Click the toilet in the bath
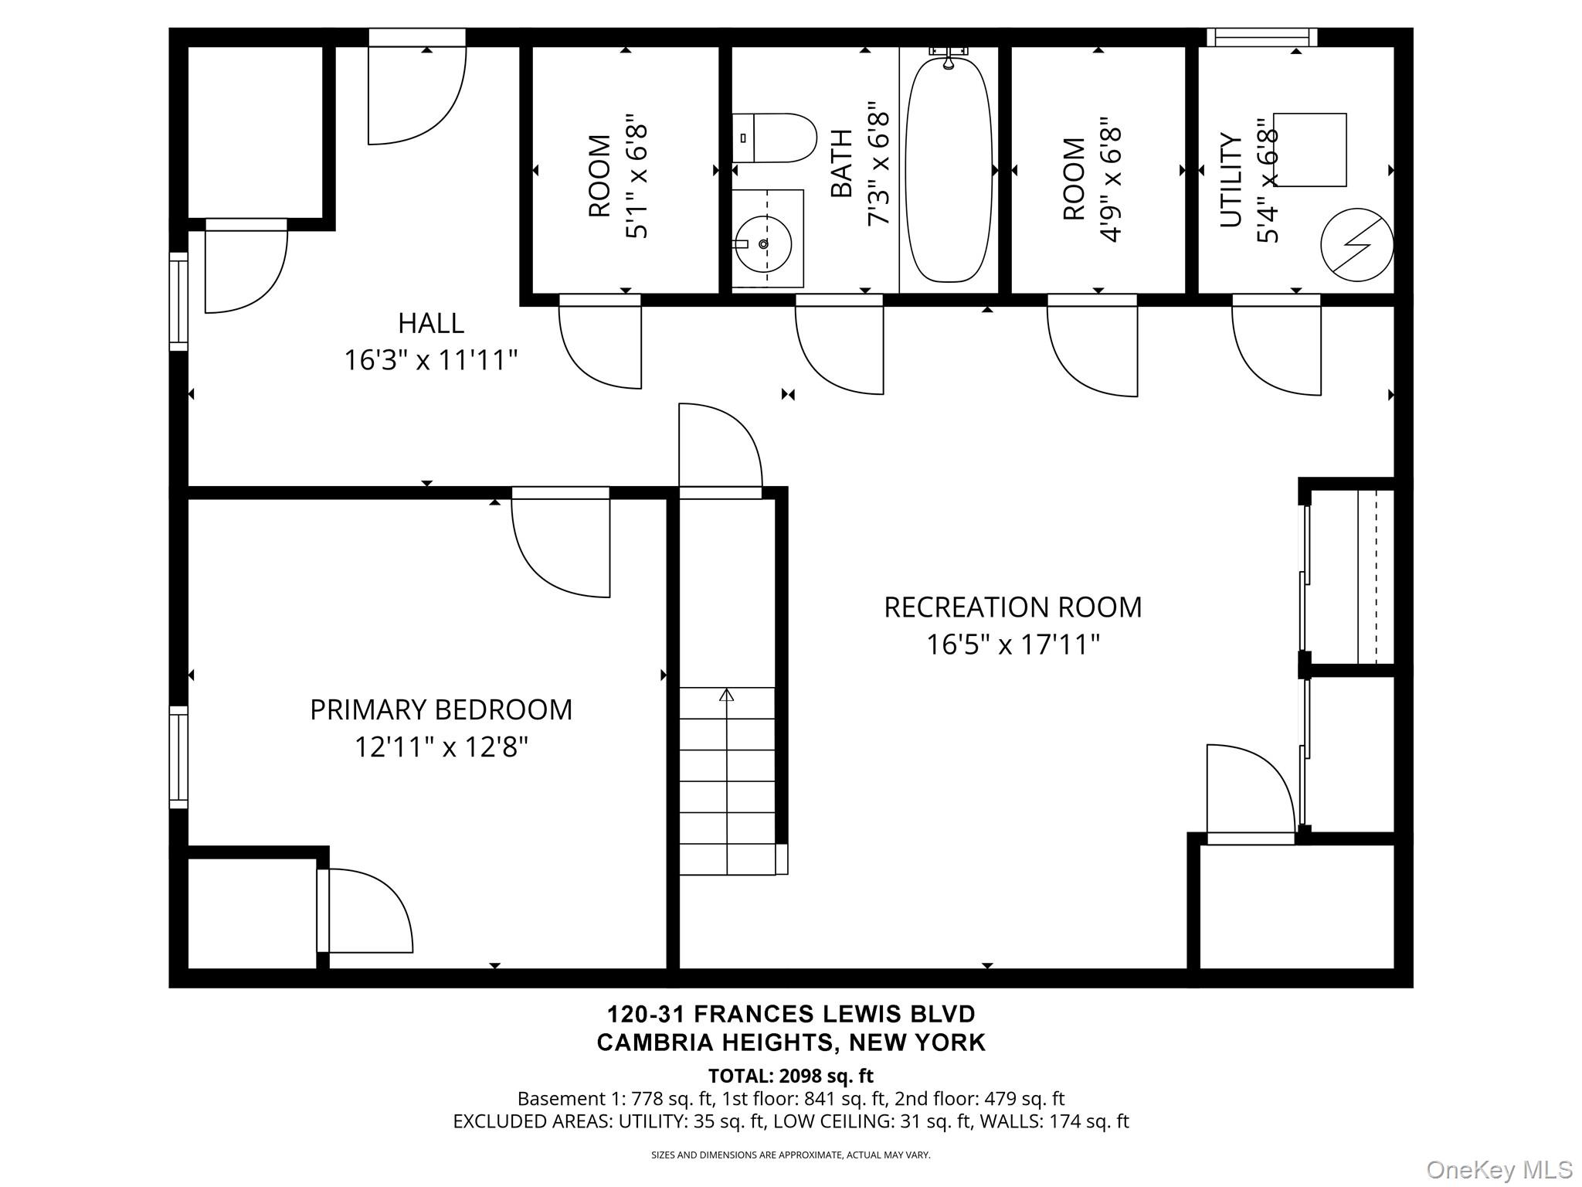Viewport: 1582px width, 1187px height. tap(774, 138)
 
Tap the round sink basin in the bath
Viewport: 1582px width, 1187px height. tap(763, 244)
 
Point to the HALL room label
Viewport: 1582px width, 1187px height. tap(431, 323)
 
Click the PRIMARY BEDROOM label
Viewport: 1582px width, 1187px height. tap(441, 710)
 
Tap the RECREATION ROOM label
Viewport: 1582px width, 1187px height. tap(1013, 607)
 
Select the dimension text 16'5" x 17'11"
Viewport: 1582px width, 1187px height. tap(1013, 645)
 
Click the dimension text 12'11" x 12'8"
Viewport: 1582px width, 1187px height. tap(441, 747)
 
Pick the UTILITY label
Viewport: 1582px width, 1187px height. tap(1231, 180)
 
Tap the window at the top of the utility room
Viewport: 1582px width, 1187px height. tap(1262, 37)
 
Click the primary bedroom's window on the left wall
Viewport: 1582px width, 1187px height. tap(178, 757)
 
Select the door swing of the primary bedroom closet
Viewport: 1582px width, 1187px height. tap(365, 910)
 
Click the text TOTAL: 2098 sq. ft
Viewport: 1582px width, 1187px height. tap(791, 1076)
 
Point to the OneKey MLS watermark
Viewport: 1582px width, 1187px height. tap(1499, 1169)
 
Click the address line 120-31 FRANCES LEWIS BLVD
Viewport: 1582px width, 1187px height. tap(791, 1014)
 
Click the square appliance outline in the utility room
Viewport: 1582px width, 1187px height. tap(1310, 150)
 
